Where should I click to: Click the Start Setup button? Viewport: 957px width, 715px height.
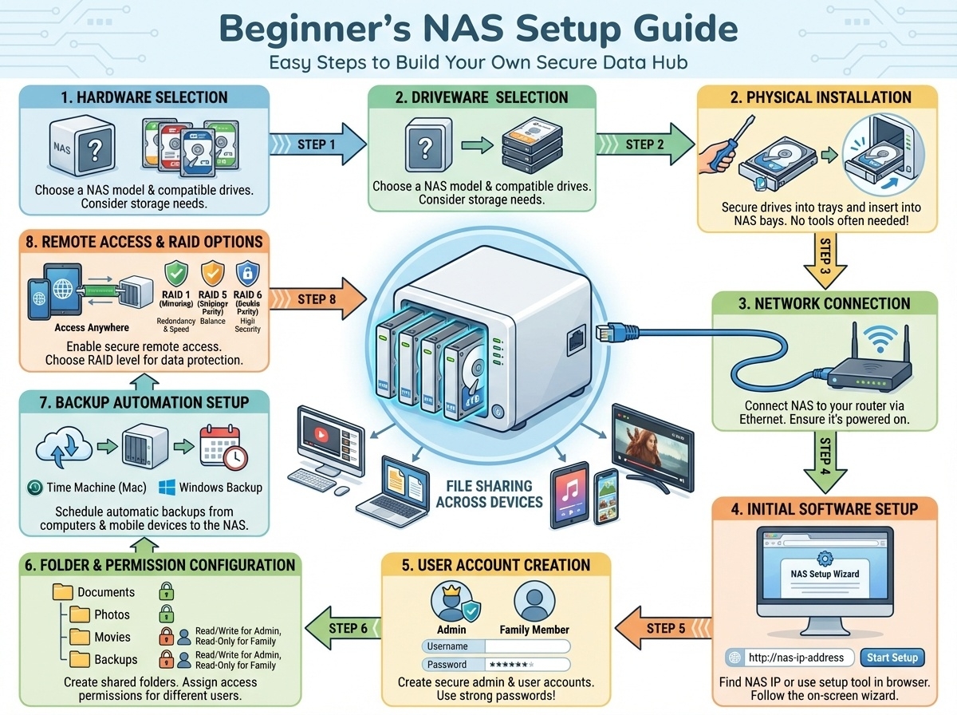pyautogui.click(x=892, y=658)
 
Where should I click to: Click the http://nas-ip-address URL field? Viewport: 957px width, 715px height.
pyautogui.click(x=790, y=658)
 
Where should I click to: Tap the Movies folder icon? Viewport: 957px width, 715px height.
pyautogui.click(x=80, y=637)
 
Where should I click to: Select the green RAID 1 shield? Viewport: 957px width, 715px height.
pyautogui.click(x=175, y=274)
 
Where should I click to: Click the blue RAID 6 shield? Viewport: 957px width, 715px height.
pyautogui.click(x=247, y=274)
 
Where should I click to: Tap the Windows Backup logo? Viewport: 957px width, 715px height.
pyautogui.click(x=167, y=487)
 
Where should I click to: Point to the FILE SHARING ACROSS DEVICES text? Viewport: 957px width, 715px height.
pyautogui.click(x=489, y=493)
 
